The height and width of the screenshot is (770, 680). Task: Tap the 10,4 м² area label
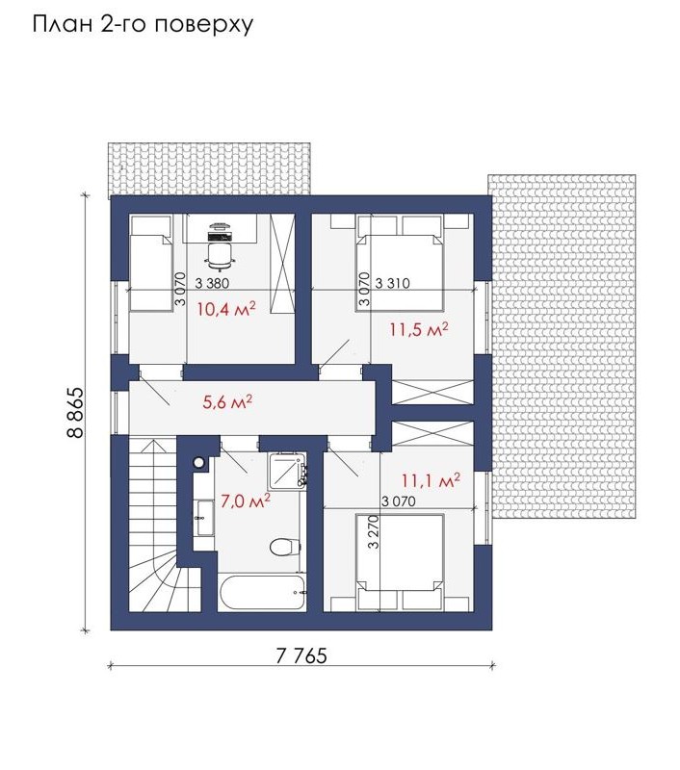[x=226, y=309]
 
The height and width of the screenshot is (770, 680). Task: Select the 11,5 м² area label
[x=419, y=329]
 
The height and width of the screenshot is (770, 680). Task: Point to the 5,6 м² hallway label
[x=227, y=402]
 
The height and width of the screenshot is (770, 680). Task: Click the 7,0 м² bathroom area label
[x=246, y=500]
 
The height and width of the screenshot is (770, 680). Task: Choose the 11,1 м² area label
[x=431, y=480]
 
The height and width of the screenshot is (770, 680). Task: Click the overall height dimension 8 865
[x=76, y=413]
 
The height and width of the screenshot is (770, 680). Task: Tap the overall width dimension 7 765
[x=301, y=656]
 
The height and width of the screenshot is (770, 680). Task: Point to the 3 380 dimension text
[x=212, y=283]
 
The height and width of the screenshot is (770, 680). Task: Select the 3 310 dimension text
[x=393, y=283]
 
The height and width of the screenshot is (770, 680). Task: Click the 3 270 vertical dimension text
[x=374, y=531]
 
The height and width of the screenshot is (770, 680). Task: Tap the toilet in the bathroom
[x=285, y=547]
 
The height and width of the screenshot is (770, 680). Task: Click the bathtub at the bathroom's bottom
[x=262, y=592]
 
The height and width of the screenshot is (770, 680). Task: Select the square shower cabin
[x=287, y=471]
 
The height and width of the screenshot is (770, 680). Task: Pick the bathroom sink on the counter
[x=204, y=518]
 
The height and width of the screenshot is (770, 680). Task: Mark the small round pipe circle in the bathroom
[x=199, y=462]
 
